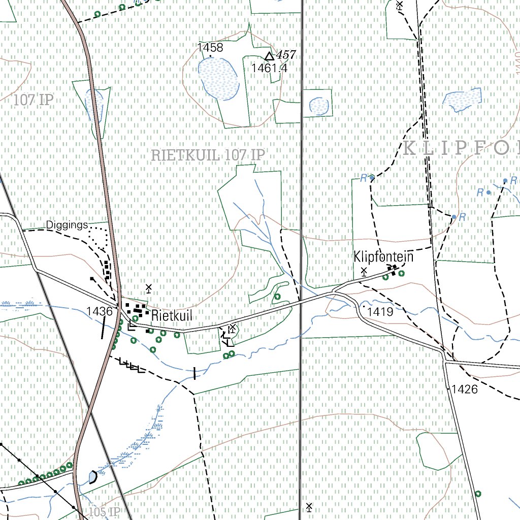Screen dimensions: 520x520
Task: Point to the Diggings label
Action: point(67,225)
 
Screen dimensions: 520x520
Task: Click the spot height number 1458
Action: point(210,48)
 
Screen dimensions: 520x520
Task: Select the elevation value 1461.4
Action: point(269,68)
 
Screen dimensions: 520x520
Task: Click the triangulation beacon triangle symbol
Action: point(269,56)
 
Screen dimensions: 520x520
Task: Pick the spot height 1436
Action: point(99,311)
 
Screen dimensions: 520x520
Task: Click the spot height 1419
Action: point(380,312)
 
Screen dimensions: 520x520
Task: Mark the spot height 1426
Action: point(465,389)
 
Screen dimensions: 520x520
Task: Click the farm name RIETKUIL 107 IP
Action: point(208,155)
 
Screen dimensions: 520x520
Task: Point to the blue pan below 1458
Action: point(218,77)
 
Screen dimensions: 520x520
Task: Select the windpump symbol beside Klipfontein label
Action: point(364,271)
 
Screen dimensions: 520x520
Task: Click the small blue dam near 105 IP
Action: point(92,477)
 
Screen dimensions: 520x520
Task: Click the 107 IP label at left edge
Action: point(33,100)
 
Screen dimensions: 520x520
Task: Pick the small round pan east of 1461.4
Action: point(319,106)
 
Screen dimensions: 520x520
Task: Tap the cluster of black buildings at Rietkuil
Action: point(137,309)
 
